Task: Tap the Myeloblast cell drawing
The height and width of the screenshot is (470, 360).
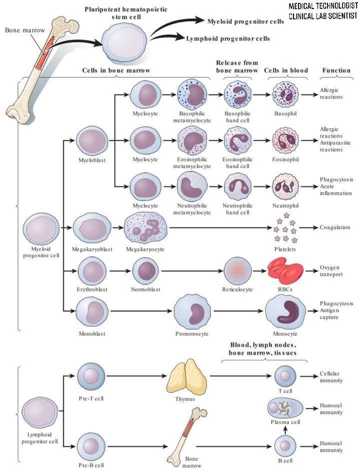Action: coord(92,141)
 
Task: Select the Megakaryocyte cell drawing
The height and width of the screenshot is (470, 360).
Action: coord(145,228)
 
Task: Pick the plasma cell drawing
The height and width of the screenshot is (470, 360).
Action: coord(285,408)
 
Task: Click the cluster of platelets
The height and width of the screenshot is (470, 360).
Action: coord(285,228)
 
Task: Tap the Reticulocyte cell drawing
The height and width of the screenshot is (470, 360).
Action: coord(237,271)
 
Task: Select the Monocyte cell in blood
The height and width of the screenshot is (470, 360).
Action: coord(285,312)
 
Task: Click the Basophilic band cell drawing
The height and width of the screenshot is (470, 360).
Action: coord(238,95)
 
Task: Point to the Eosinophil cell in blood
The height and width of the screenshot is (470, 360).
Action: coord(285,141)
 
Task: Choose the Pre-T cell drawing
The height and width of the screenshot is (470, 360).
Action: coord(91,376)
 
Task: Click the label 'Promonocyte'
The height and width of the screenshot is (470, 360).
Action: coord(191,334)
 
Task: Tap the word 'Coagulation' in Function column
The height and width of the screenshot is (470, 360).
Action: coord(334,227)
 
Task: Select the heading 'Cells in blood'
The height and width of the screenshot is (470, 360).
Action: coord(285,71)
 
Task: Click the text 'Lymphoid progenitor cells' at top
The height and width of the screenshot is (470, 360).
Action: coord(228,39)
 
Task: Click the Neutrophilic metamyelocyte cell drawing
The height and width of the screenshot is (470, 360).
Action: coord(192,186)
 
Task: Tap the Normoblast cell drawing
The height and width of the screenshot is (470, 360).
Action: coord(145,271)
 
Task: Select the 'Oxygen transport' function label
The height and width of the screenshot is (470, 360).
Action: coord(331,271)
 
